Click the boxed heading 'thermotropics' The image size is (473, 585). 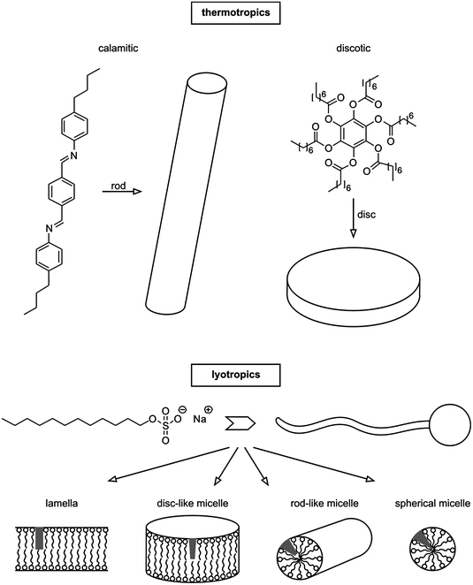click(x=236, y=14)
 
